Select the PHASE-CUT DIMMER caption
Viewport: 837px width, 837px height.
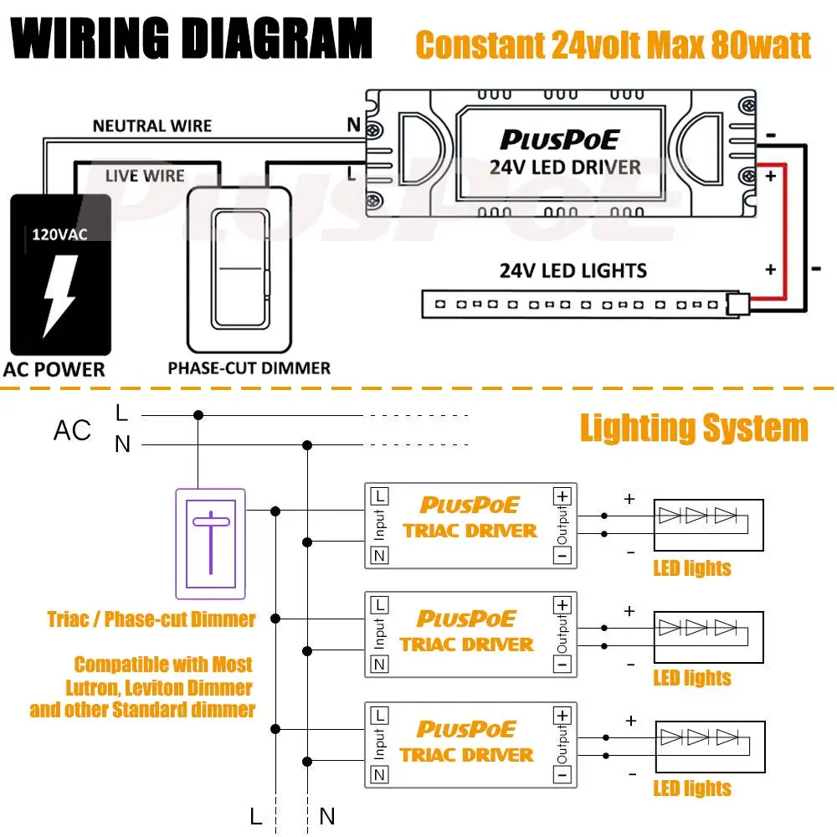tap(249, 368)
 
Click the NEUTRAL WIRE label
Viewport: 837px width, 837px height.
tap(152, 126)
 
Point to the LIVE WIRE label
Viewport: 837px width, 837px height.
tap(145, 177)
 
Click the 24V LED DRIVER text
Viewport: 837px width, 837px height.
tap(565, 167)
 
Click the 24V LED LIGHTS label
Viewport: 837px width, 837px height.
tap(573, 271)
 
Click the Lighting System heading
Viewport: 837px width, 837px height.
tap(694, 429)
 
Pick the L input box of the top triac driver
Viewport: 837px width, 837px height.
tap(379, 496)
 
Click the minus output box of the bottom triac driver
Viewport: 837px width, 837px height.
tap(562, 775)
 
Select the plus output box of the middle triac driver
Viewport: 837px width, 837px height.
tap(562, 604)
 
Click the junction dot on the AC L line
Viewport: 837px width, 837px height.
tap(198, 414)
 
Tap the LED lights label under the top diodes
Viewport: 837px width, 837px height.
tap(691, 568)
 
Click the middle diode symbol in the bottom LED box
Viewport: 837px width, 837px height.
tap(698, 737)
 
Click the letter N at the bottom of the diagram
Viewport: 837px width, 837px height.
tap(327, 816)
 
